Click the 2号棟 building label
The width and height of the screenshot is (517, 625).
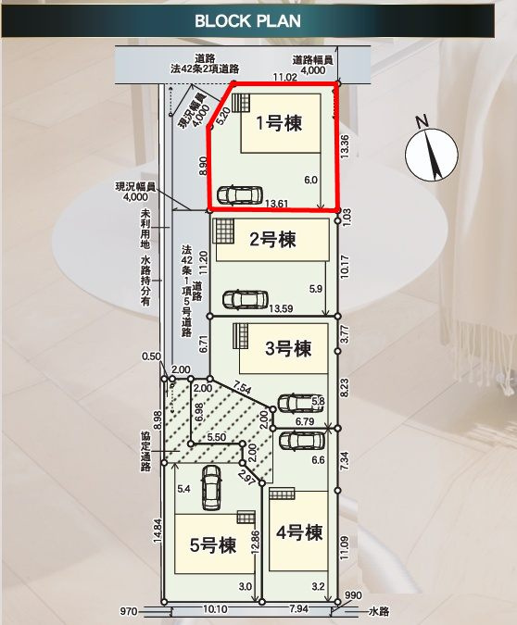coord(272,241)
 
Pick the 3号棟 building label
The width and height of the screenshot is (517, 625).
coord(289,349)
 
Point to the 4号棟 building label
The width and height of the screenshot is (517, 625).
coord(299,532)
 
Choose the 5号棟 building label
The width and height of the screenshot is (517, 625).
coord(210,544)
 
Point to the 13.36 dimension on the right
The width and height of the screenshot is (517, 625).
coord(345,148)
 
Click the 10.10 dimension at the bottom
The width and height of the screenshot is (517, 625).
coord(214,609)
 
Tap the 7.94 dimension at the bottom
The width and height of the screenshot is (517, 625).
coord(301,609)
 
